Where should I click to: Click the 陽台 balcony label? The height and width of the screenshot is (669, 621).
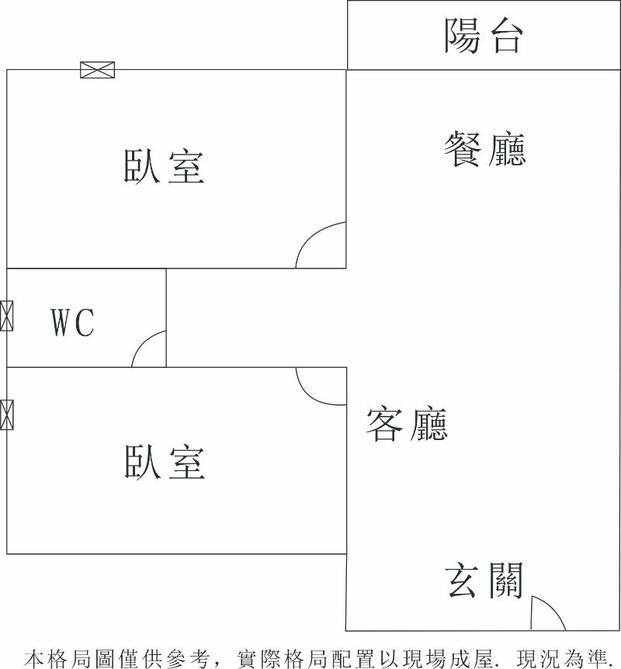pyautogui.click(x=483, y=36)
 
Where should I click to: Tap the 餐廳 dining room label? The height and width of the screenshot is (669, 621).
pyautogui.click(x=485, y=149)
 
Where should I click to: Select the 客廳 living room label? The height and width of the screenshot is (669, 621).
pyautogui.click(x=407, y=424)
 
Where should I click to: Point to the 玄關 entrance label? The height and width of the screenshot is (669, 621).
pyautogui.click(x=484, y=581)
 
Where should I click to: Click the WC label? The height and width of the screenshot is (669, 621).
pyautogui.click(x=72, y=323)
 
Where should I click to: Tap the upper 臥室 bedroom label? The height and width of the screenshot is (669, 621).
pyautogui.click(x=164, y=166)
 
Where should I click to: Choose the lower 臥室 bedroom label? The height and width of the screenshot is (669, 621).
pyautogui.click(x=165, y=461)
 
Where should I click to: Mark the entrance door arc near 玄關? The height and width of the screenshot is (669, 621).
pyautogui.click(x=553, y=606)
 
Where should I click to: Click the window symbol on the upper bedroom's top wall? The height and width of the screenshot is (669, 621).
pyautogui.click(x=98, y=70)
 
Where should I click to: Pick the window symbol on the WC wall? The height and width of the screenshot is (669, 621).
pyautogui.click(x=7, y=316)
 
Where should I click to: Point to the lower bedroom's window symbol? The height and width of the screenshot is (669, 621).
pyautogui.click(x=7, y=414)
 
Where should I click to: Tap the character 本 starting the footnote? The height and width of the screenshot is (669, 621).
pyautogui.click(x=34, y=659)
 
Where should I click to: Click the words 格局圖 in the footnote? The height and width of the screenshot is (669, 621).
pyautogui.click(x=81, y=659)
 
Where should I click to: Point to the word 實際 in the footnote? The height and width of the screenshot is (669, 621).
pyautogui.click(x=259, y=659)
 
